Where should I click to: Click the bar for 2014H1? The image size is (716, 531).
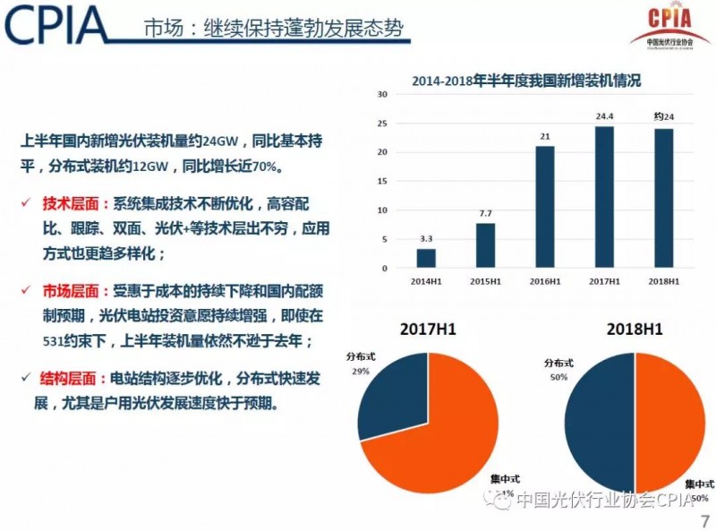tap(427, 258)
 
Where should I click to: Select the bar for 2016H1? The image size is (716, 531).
tap(545, 207)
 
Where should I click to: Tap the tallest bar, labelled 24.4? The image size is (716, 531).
tap(604, 197)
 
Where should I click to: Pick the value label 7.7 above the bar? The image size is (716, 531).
tap(486, 214)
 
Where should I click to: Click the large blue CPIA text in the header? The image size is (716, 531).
tap(55, 27)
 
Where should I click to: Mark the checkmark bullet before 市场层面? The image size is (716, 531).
tap(26, 291)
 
